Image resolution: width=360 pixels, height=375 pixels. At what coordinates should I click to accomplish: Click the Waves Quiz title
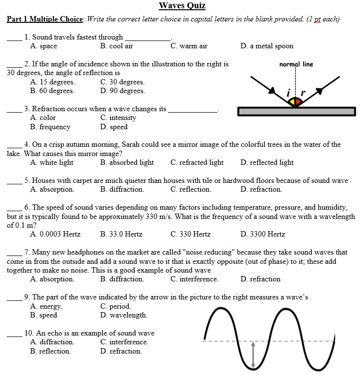pos(182,6)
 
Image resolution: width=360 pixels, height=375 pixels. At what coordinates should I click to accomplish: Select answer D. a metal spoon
pos(267,46)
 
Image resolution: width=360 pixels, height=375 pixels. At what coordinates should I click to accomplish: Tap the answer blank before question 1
pos(14,38)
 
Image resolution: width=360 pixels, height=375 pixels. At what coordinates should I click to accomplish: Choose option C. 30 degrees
pos(122,82)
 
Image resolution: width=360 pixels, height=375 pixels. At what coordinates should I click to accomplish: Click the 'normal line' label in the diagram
pos(296,64)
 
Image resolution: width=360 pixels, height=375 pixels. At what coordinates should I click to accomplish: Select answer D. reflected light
pos(267,163)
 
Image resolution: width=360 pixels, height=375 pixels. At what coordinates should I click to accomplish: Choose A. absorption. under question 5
pos(52,189)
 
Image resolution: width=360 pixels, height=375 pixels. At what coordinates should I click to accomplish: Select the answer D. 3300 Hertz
pos(263,235)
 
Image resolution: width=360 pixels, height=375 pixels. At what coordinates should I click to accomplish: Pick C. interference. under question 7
pos(194,279)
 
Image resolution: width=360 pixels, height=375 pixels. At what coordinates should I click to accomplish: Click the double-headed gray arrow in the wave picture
pos(252,355)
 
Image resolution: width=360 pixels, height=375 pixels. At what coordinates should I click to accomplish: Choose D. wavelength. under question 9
pos(124,316)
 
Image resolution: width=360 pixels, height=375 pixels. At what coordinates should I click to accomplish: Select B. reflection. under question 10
pos(50,351)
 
